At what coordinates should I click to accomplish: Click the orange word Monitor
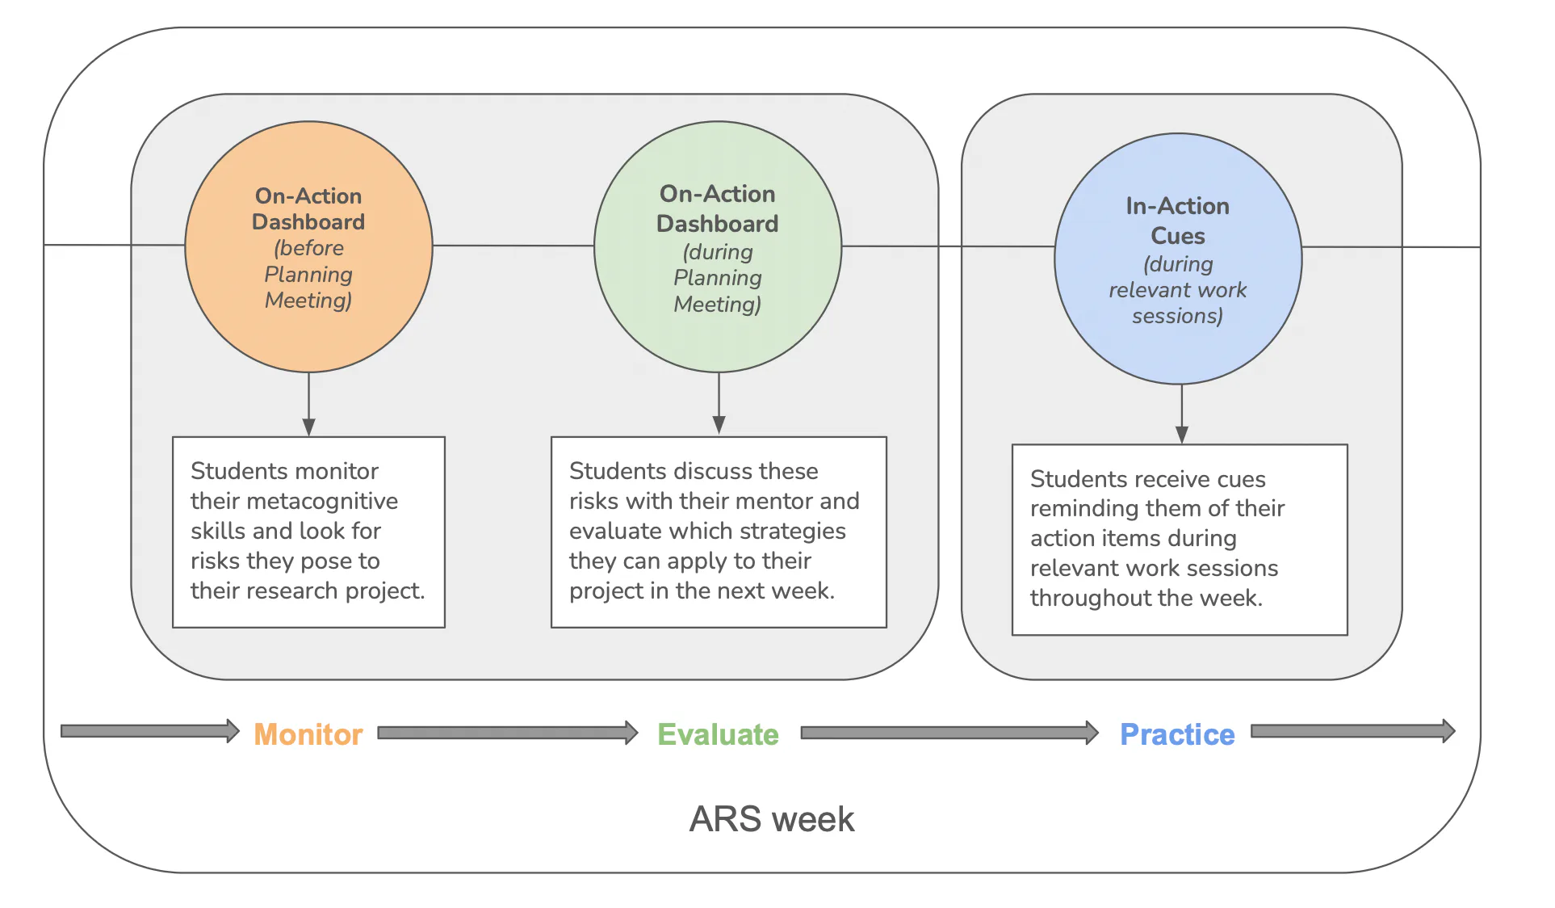(x=308, y=734)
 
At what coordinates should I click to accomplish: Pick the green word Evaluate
(x=718, y=734)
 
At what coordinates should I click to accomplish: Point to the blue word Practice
(x=1177, y=734)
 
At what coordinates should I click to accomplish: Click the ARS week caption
(x=771, y=819)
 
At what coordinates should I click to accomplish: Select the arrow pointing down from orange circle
(x=308, y=404)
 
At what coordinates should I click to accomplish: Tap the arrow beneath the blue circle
(x=1181, y=414)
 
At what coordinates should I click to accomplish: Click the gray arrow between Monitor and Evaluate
(x=507, y=733)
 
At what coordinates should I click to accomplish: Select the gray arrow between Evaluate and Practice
(x=949, y=733)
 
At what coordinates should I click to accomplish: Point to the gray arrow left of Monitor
(x=149, y=731)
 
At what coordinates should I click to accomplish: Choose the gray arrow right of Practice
(x=1352, y=731)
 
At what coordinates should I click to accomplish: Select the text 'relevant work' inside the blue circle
(x=1177, y=290)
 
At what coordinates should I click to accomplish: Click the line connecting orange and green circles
(x=513, y=246)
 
